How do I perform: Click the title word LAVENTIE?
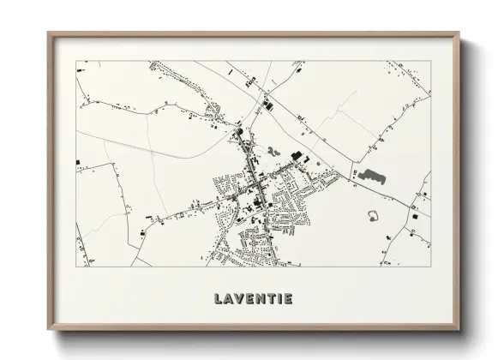pyautogui.click(x=252, y=298)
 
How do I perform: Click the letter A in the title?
pyautogui.click(x=225, y=298)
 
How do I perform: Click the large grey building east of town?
pyautogui.click(x=372, y=177)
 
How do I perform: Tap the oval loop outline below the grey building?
pyautogui.click(x=374, y=214)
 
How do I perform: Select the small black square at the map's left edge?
pyautogui.click(x=78, y=162)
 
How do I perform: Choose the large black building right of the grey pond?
pyautogui.click(x=297, y=156)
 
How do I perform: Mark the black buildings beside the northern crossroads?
pyautogui.click(x=265, y=105)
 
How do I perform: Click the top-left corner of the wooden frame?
pyautogui.click(x=48, y=33)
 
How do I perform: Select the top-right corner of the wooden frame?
pyautogui.click(x=459, y=33)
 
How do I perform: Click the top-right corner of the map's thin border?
pyautogui.click(x=429, y=61)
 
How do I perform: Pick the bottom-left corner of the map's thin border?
pyautogui.click(x=76, y=266)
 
